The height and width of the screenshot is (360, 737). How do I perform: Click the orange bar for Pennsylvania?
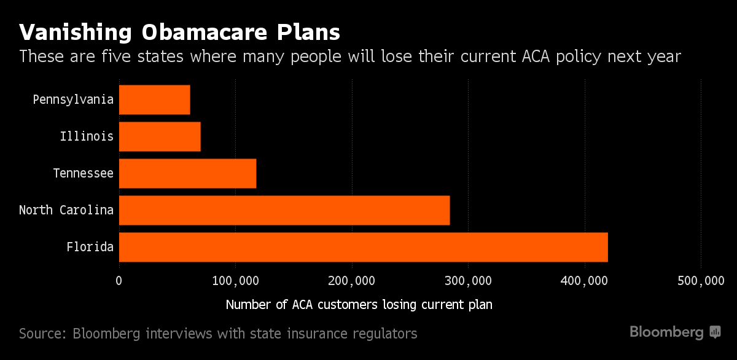[154, 100]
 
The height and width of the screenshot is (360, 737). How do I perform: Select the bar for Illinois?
[160, 136]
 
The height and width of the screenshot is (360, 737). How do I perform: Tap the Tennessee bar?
[187, 173]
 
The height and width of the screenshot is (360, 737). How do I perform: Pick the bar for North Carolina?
[284, 210]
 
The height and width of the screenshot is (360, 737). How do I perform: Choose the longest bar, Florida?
[363, 247]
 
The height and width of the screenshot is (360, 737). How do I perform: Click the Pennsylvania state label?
[73, 100]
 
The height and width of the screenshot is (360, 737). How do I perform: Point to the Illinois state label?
[87, 136]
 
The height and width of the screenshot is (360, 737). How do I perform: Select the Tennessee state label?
[83, 173]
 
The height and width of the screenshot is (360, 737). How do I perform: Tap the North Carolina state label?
[66, 210]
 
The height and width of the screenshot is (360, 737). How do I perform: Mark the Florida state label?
[90, 247]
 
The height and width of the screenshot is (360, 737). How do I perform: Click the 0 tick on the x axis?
[119, 281]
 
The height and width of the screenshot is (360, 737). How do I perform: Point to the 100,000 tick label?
[235, 281]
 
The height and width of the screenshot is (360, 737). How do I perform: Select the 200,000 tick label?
[352, 281]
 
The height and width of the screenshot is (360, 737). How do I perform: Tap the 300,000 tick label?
[468, 281]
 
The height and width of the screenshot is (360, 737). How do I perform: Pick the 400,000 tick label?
[585, 281]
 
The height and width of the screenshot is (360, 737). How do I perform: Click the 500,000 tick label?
[701, 281]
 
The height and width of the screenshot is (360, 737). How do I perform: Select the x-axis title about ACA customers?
[359, 304]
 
